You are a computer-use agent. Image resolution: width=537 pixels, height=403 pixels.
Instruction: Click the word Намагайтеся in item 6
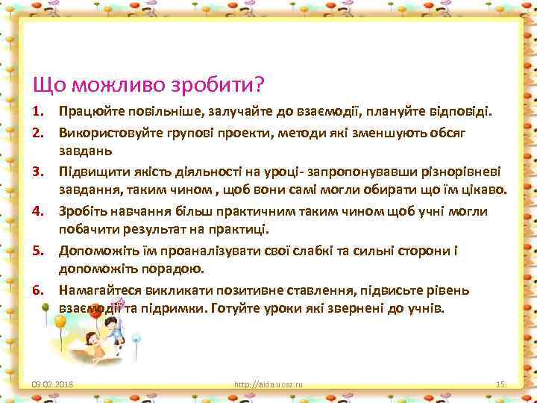click(99, 289)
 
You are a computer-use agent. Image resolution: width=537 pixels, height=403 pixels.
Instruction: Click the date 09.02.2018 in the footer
click(52, 384)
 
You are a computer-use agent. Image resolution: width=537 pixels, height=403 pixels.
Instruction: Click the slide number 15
click(500, 384)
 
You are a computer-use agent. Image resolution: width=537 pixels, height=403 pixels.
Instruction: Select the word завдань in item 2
click(86, 151)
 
